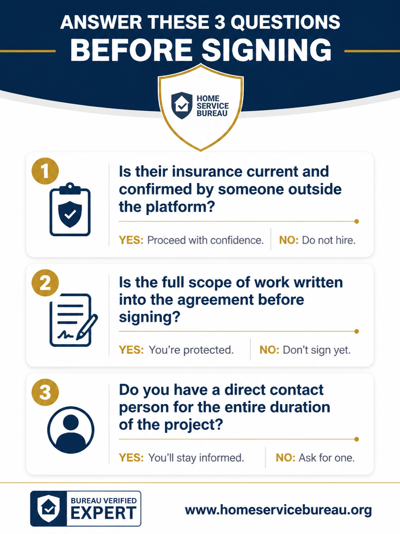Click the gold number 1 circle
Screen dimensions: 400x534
coord(45,171)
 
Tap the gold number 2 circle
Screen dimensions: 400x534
coord(45,283)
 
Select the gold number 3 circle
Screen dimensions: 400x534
coord(45,392)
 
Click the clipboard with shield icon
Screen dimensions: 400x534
coord(70,210)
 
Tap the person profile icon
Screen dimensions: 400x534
coord(71,430)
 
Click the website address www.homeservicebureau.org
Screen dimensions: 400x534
coord(278,510)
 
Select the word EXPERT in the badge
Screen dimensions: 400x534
coord(104,513)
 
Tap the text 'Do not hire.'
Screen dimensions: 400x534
coord(329,240)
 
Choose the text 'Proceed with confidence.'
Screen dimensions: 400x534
coord(205,240)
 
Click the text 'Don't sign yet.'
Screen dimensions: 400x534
coord(317,350)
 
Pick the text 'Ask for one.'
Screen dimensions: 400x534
coord(327,458)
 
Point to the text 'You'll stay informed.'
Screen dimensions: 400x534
coord(196,458)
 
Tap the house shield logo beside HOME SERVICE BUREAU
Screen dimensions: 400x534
coord(182,105)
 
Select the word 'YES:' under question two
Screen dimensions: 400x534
coord(131,350)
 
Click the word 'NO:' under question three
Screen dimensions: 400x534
coord(285,458)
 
